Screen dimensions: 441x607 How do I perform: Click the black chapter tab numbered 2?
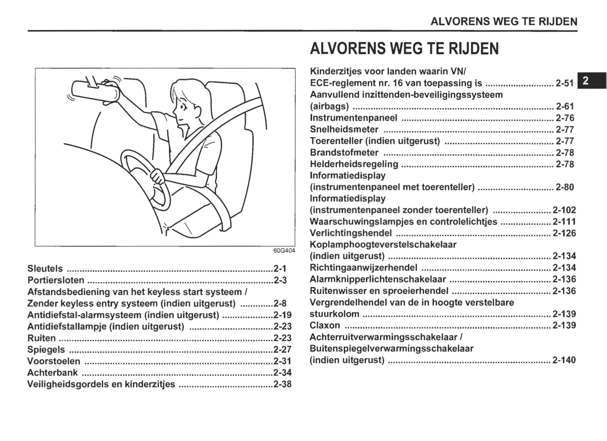[x=591, y=80]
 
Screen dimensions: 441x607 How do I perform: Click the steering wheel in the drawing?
[x=145, y=179]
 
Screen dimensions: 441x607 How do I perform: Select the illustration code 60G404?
[x=284, y=251]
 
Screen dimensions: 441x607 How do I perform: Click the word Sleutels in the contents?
[x=45, y=268]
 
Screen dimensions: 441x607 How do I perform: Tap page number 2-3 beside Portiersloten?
[x=280, y=280]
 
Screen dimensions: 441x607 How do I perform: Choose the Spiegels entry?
[x=46, y=350]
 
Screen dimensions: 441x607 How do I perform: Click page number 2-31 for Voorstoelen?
[x=282, y=361]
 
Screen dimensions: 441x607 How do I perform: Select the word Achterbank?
[x=53, y=372]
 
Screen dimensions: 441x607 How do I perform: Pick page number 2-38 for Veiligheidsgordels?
[x=282, y=384]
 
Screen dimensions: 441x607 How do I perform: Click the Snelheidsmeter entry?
[x=344, y=130]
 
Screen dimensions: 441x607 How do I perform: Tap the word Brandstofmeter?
[x=344, y=153]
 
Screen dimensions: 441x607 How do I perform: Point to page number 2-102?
[x=564, y=210]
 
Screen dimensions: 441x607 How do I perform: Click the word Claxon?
[x=325, y=325]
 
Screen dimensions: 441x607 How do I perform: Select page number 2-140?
[x=564, y=360]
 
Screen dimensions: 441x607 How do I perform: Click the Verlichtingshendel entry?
[x=351, y=233]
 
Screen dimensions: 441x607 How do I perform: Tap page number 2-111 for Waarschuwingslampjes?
[x=564, y=222]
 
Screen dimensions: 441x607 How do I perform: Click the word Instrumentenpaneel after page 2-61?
[x=353, y=118]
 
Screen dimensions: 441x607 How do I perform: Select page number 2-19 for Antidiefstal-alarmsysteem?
[x=282, y=315]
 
